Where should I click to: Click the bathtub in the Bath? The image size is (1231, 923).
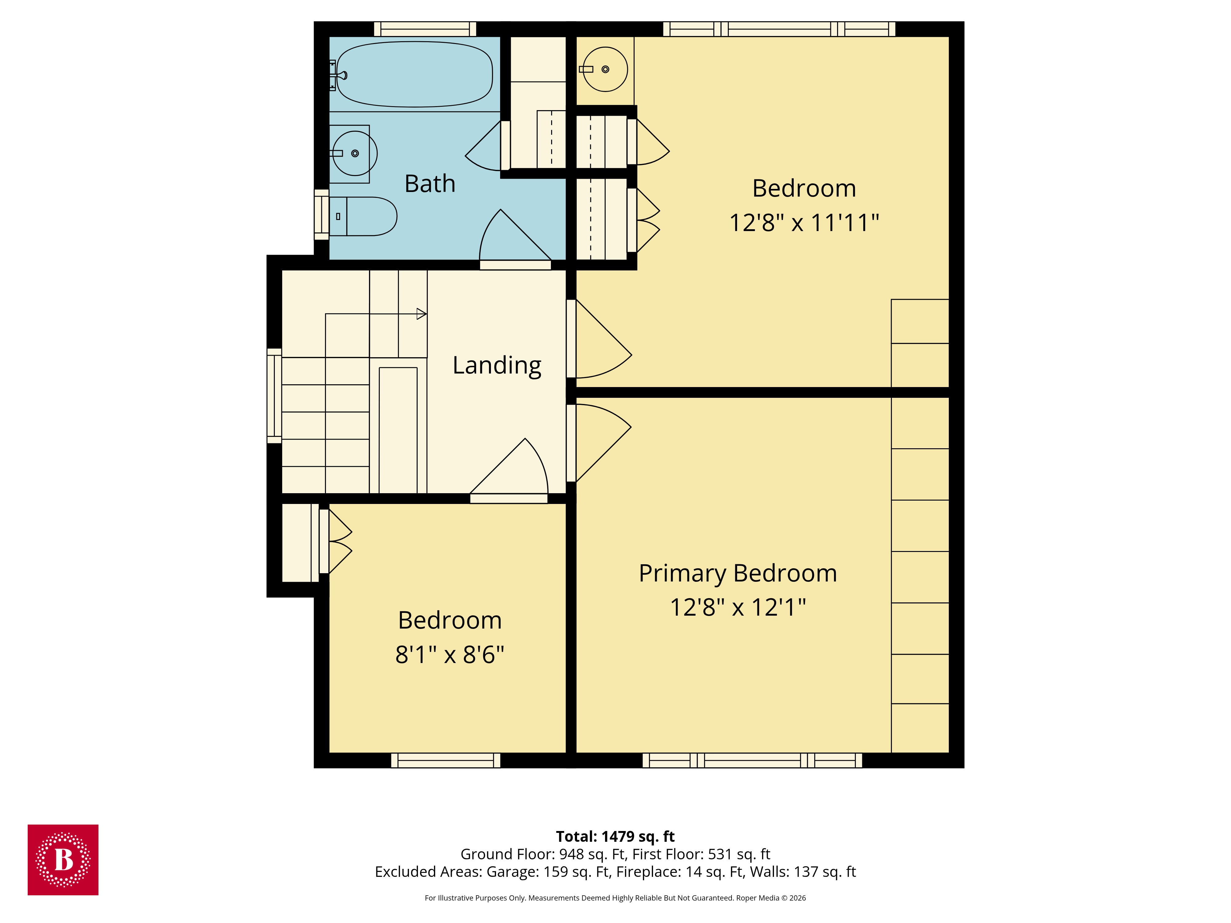click(x=415, y=74)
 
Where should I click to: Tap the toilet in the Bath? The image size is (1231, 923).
click(x=364, y=216)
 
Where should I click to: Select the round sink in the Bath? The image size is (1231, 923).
click(x=355, y=153)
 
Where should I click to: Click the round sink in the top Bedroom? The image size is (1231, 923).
click(x=605, y=69)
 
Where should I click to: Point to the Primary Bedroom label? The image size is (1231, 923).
click(x=737, y=573)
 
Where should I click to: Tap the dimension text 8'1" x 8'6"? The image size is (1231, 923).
click(x=450, y=655)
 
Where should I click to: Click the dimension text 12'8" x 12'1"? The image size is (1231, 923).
click(x=737, y=608)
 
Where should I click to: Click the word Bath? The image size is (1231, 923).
click(x=430, y=184)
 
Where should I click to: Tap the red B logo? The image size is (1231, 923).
click(x=63, y=860)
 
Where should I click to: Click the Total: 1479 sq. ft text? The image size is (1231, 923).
click(x=615, y=836)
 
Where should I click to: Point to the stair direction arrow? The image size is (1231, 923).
click(x=421, y=314)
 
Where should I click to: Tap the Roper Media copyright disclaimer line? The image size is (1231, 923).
click(x=615, y=898)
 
